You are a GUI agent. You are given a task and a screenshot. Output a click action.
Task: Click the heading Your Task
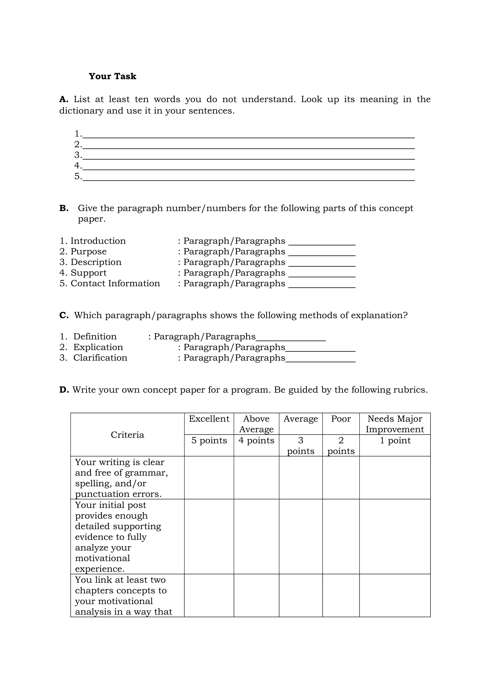pos(112,76)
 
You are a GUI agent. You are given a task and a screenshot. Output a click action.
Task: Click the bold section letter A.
pos(63,99)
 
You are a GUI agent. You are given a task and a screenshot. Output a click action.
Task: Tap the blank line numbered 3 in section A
pos(248,156)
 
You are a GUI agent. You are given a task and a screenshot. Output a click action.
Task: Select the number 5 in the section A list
pos(78,176)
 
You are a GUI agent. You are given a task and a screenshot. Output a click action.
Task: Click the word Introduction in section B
pos(98,241)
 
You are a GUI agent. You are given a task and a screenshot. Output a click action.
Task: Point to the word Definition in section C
pos(95,336)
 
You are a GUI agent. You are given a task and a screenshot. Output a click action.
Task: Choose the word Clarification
pos(100,358)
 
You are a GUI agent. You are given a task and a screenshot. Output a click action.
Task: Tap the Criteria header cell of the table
pos(127,435)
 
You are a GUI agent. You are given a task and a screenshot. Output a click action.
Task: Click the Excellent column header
pos(209,419)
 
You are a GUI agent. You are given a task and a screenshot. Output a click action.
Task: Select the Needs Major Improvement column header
pos(395,424)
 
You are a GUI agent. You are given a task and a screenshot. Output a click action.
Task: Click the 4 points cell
pos(256,441)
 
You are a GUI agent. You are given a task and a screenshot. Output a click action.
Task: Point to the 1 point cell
pos(395,441)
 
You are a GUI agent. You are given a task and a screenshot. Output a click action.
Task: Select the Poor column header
pos(341,419)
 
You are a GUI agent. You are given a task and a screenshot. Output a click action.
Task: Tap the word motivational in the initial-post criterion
pos(102,558)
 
